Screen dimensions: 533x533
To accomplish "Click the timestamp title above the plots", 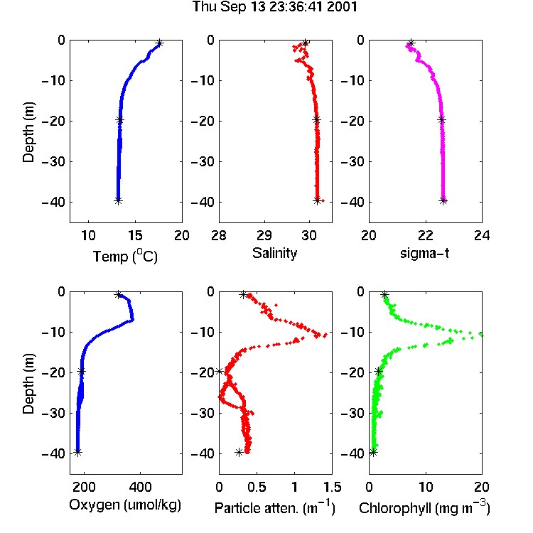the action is point(274,7).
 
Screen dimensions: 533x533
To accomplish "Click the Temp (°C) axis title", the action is point(125,256).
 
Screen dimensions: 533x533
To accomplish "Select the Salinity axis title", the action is point(274,253).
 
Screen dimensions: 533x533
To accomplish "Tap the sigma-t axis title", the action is point(424,253).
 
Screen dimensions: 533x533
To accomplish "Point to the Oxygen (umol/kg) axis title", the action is point(125,505).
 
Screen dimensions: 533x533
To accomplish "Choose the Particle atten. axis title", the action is point(275,507).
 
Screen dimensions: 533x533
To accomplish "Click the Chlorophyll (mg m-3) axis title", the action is point(424,507).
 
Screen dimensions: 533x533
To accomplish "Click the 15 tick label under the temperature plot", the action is point(135,235).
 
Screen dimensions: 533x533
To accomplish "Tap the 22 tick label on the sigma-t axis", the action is point(425,235).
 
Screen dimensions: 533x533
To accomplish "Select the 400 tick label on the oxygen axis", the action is point(140,487).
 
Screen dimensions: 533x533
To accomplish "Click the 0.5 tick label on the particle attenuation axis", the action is point(257,487).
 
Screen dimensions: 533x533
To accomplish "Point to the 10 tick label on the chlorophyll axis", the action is point(425,487).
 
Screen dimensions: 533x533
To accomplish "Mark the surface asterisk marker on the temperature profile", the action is point(160,43).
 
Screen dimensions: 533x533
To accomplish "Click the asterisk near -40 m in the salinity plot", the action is point(317,200).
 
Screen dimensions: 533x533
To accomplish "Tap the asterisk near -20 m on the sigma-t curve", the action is point(441,119).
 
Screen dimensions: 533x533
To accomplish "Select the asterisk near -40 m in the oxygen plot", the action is point(78,453).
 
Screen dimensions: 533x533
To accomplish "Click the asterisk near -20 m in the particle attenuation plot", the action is point(220,371).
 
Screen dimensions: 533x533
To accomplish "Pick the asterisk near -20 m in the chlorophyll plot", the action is point(378,371).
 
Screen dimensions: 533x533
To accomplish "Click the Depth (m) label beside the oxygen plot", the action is point(28,384).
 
